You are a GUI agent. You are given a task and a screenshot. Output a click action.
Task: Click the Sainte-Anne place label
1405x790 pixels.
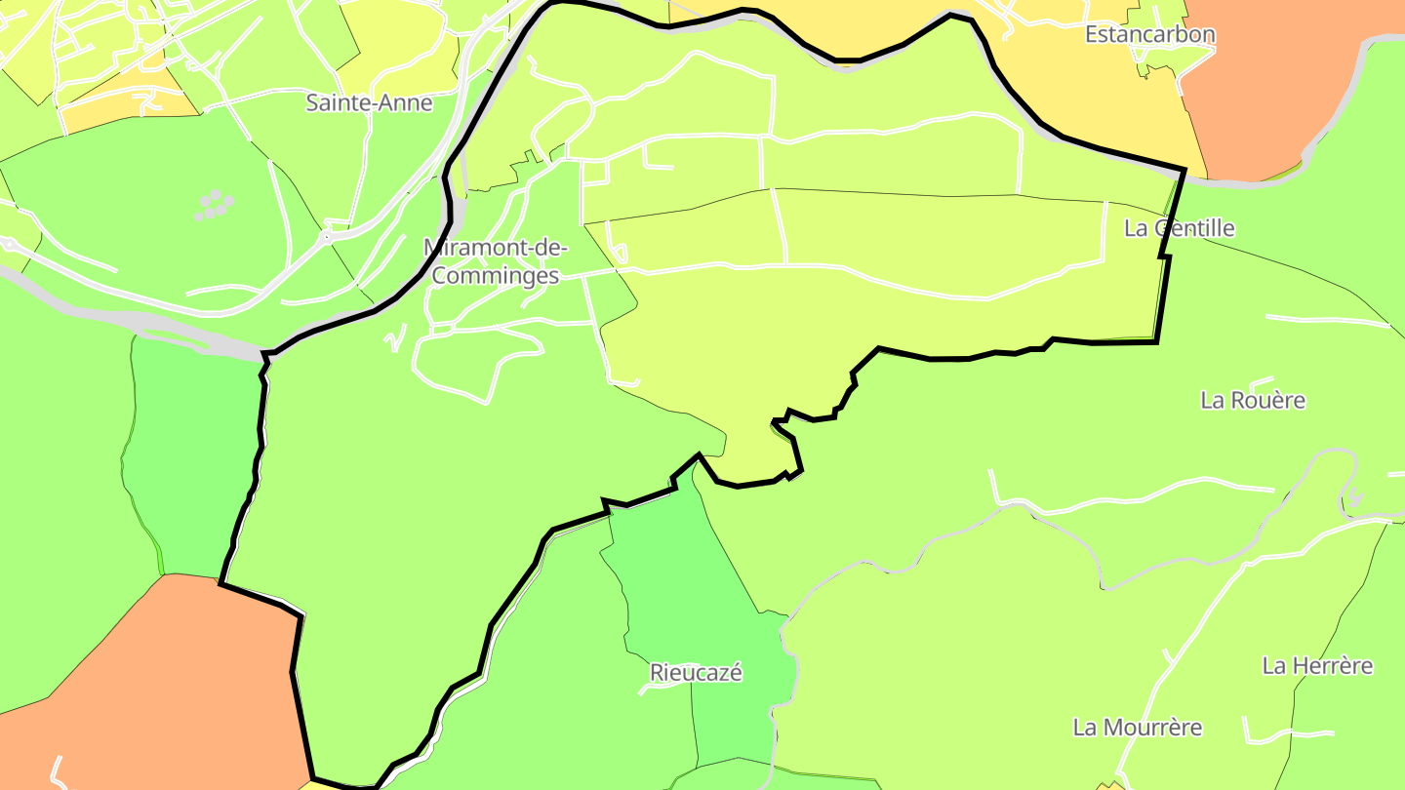click(x=369, y=102)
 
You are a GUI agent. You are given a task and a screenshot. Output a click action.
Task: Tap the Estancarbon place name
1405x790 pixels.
click(x=1150, y=34)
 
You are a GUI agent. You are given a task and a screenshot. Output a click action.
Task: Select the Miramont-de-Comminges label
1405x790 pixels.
click(x=495, y=261)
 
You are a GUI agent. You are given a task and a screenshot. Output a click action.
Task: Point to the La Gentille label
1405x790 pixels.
click(x=1180, y=228)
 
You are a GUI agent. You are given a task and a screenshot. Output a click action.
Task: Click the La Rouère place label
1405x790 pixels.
click(x=1253, y=400)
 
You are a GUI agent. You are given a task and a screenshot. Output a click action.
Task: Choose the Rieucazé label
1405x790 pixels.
click(x=696, y=672)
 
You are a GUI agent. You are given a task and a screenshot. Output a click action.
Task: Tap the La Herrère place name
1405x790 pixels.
click(x=1317, y=666)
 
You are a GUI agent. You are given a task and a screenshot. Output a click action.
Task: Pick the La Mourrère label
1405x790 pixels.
click(x=1138, y=728)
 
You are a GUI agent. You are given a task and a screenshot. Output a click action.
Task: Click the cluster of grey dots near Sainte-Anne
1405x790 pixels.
click(x=216, y=205)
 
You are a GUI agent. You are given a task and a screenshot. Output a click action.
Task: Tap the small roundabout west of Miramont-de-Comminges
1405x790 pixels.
click(x=327, y=236)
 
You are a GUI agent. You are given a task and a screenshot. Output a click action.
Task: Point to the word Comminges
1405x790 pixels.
click(x=495, y=276)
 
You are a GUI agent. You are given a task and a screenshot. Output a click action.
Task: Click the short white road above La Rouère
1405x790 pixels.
click(x=1262, y=381)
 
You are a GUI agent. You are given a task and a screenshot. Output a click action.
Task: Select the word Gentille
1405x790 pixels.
click(x=1193, y=228)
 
